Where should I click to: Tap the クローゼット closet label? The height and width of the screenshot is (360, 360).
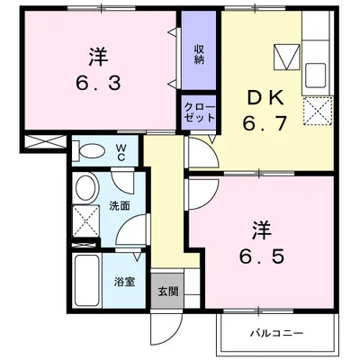(199, 112)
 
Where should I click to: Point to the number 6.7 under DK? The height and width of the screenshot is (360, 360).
(264, 122)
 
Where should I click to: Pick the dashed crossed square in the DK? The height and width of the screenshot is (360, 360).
(318, 111)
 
